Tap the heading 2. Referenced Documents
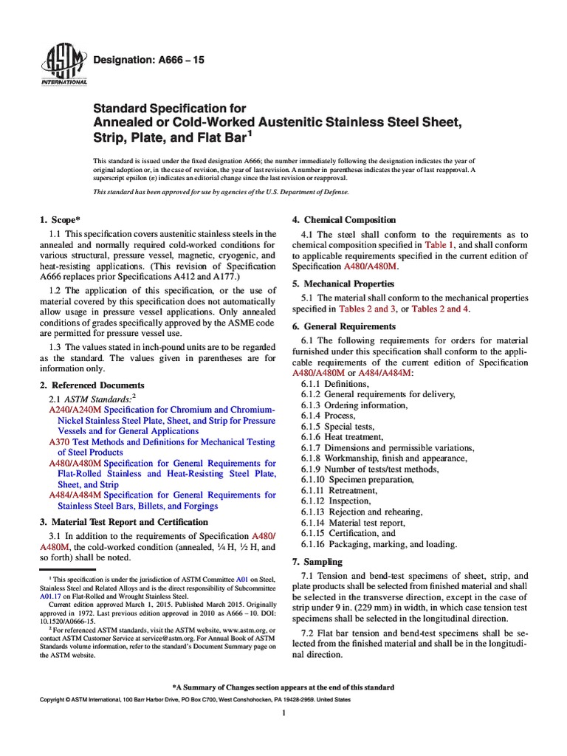(x=92, y=385)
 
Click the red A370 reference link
(x=58, y=441)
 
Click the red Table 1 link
(x=440, y=244)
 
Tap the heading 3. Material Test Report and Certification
(x=123, y=522)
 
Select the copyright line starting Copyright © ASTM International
(x=195, y=699)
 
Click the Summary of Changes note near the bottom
(x=283, y=687)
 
